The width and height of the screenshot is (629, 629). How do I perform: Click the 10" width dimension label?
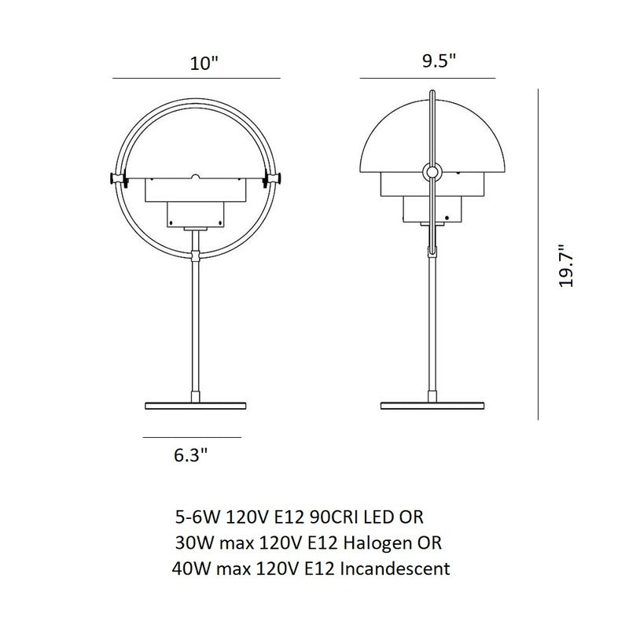pyautogui.click(x=202, y=64)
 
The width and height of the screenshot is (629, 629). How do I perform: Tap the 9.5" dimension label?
pyautogui.click(x=439, y=62)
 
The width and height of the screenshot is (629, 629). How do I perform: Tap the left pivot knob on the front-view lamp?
pyautogui.click(x=115, y=179)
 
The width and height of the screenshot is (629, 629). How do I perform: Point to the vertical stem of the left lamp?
pyautogui.click(x=195, y=330)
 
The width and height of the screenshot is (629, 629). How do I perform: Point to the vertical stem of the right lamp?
pyautogui.click(x=431, y=330)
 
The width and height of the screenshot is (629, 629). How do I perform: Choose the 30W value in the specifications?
pyautogui.click(x=193, y=543)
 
